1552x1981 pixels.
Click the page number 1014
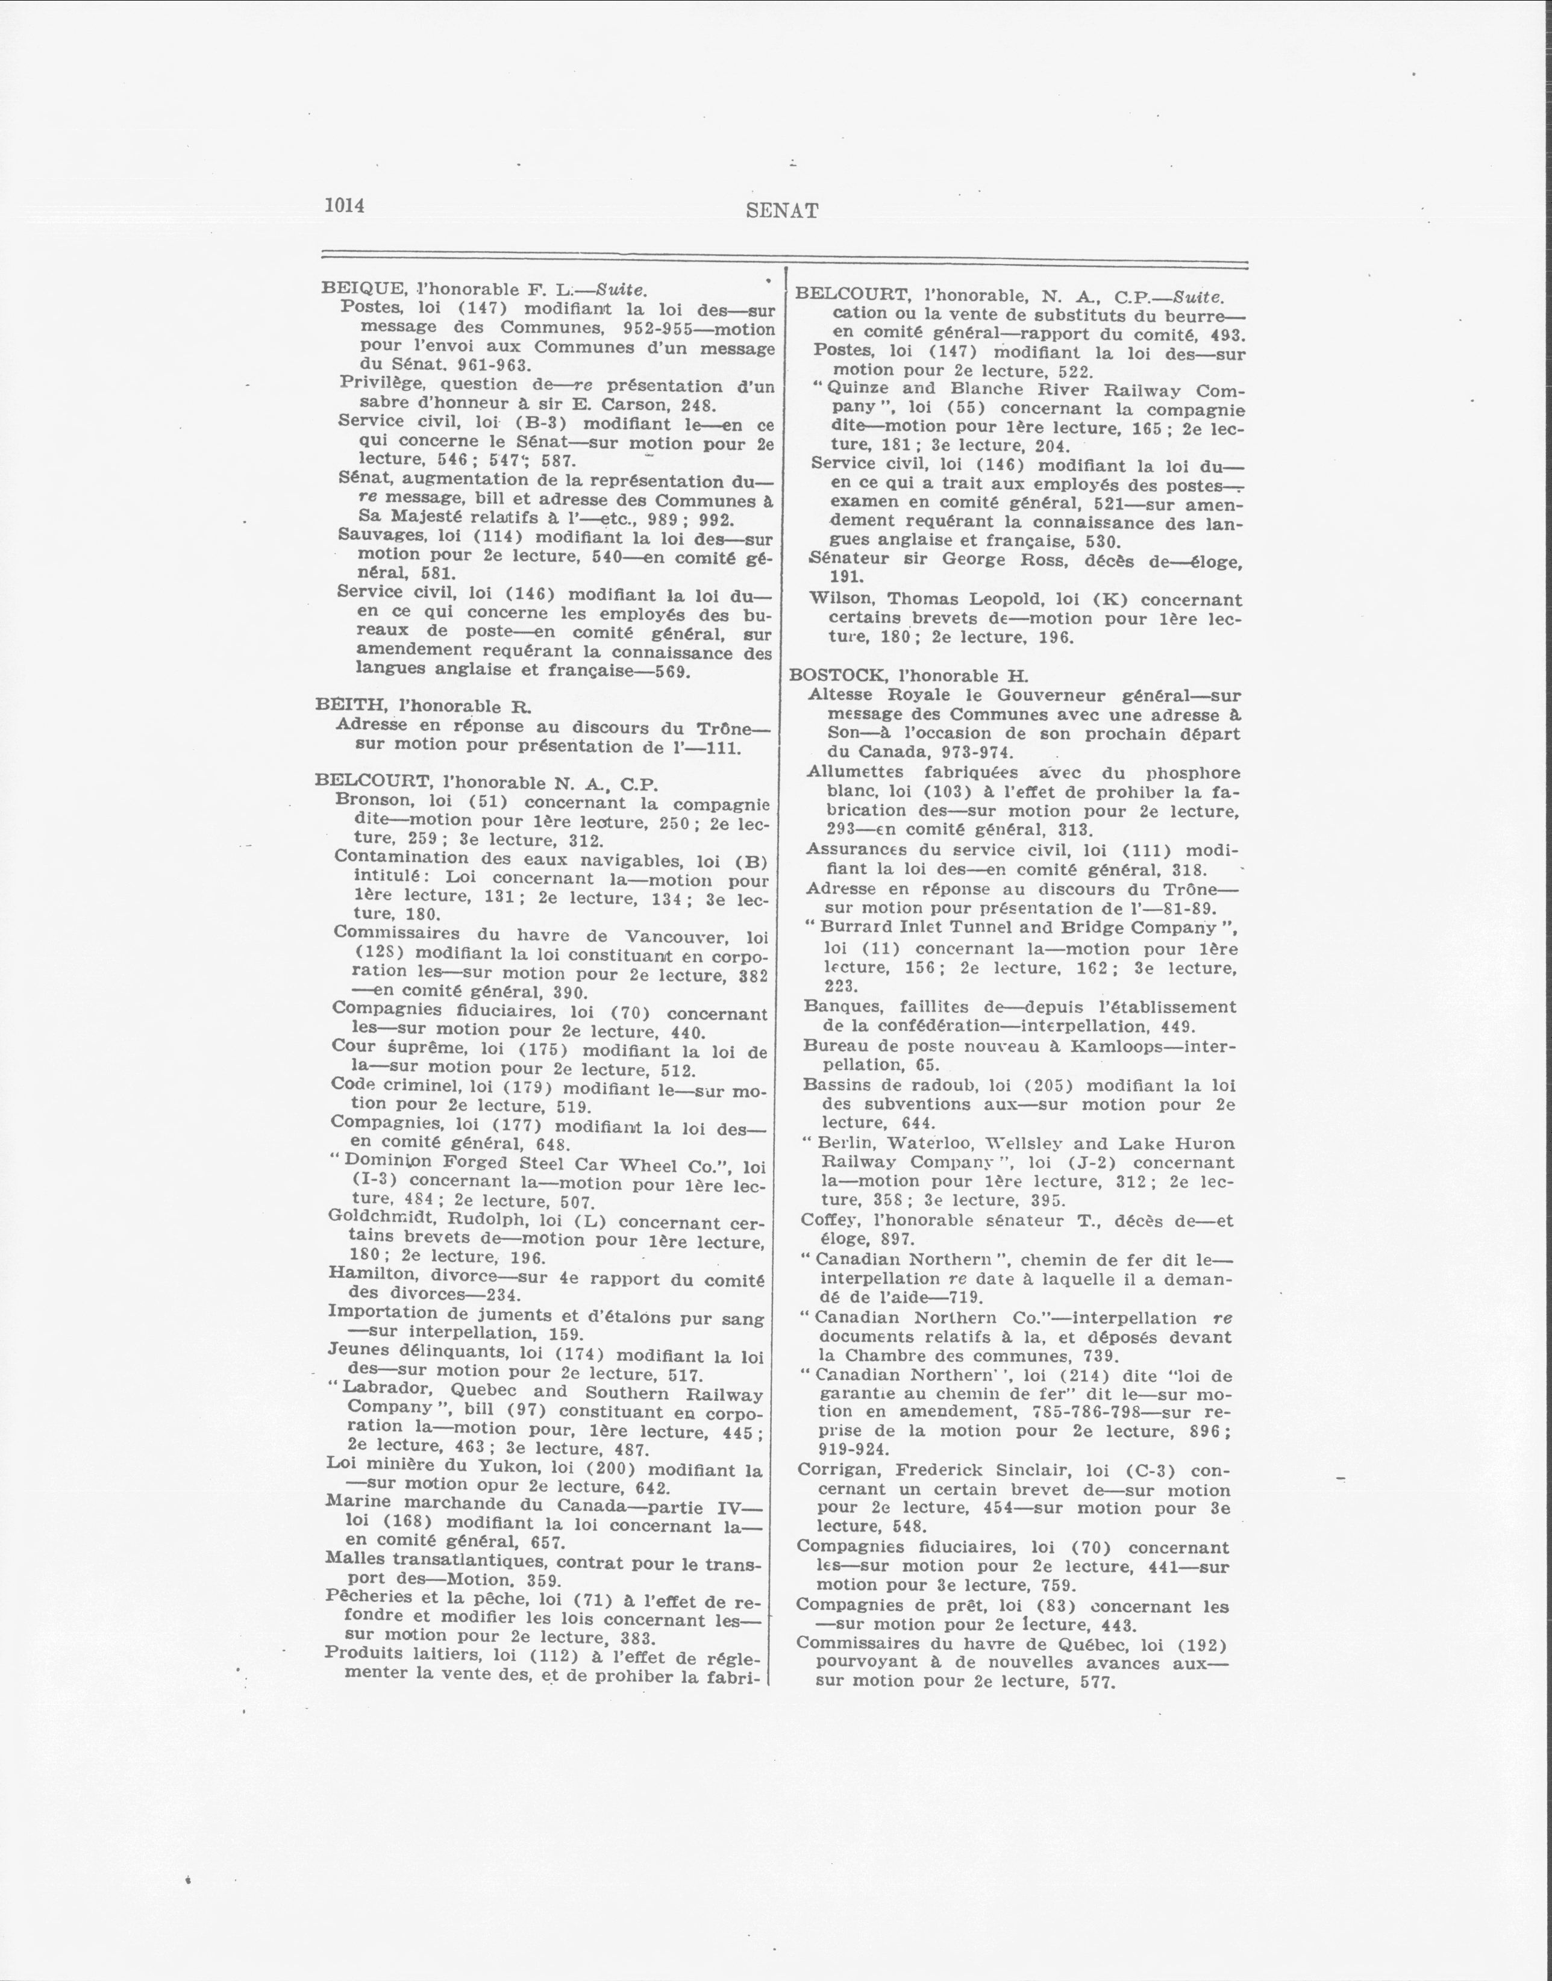click(345, 205)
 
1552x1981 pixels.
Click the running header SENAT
click(781, 211)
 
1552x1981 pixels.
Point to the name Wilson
click(843, 599)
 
